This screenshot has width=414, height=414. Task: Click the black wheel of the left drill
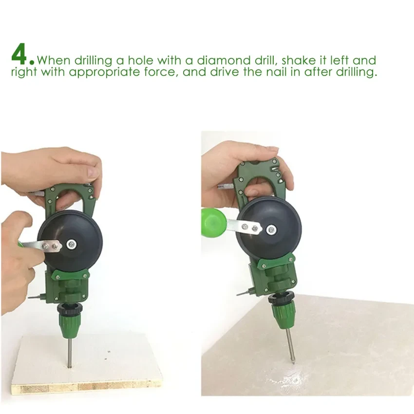(70, 243)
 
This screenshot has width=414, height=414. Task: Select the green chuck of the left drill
(70, 325)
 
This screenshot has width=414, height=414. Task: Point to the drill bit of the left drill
(70, 353)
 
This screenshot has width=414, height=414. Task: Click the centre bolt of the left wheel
(72, 245)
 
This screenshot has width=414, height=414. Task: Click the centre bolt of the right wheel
(271, 230)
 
